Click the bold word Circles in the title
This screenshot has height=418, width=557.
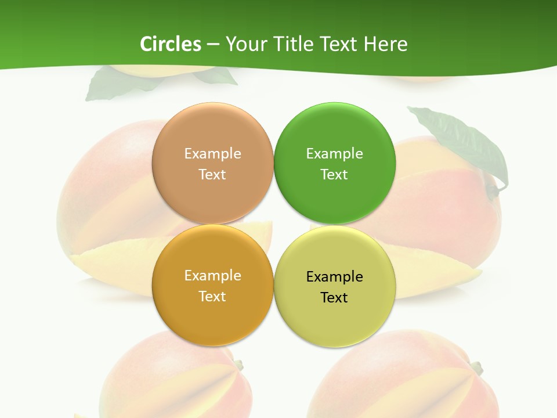171,44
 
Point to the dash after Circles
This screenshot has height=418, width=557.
213,45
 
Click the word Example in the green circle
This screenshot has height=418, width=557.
334,154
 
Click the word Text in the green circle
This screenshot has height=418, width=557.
334,175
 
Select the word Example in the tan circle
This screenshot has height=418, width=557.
212,154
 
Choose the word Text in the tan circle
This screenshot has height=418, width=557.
212,175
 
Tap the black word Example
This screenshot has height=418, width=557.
334,277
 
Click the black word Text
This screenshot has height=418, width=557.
334,298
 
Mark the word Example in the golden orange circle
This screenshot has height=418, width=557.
212,276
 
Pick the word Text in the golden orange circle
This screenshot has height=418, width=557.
212,297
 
